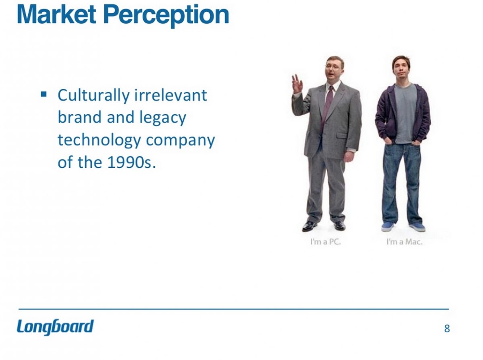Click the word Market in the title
(x=56, y=15)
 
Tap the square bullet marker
(x=44, y=94)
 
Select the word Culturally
(x=93, y=96)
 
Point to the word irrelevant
(x=171, y=95)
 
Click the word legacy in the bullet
(x=163, y=118)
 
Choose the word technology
(x=99, y=140)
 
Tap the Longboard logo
(x=55, y=327)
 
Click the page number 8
(x=447, y=329)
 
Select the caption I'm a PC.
(x=326, y=242)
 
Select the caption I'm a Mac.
(x=405, y=242)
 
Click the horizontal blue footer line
(x=234, y=309)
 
